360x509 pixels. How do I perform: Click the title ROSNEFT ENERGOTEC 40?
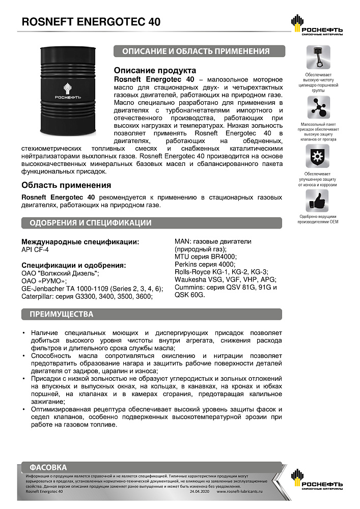coord(91,22)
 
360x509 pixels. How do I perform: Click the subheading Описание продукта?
coord(155,71)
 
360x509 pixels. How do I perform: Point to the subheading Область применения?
coord(66,185)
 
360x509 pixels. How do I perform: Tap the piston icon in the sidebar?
coord(318,58)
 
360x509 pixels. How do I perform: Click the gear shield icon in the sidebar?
coord(318,155)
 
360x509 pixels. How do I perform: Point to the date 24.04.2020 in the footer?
coord(199,492)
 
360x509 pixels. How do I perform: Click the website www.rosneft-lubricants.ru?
coord(239,492)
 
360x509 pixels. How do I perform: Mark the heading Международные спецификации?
coord(80,242)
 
